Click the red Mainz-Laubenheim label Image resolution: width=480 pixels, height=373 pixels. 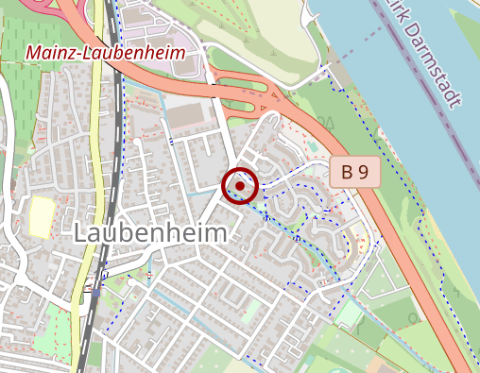(x=104, y=52)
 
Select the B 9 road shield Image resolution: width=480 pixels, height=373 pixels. (x=354, y=172)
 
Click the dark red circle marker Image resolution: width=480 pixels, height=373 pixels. (x=240, y=186)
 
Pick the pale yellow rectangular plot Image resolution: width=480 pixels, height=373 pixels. (x=41, y=216)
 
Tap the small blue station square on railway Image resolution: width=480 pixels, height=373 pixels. (x=95, y=292)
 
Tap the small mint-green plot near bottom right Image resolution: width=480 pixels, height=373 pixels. (x=349, y=312)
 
